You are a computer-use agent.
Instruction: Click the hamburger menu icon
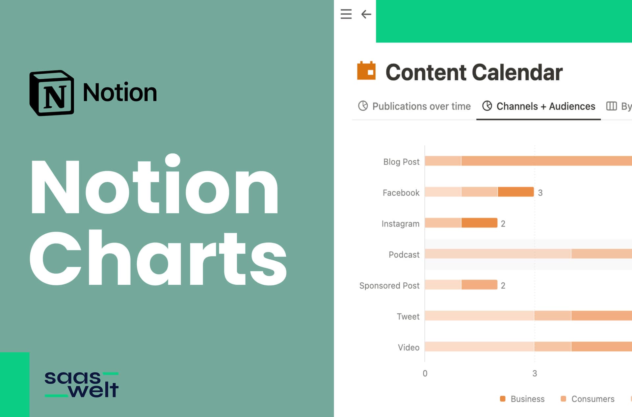(346, 14)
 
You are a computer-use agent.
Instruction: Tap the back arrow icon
(366, 14)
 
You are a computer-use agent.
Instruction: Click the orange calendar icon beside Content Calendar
(366, 71)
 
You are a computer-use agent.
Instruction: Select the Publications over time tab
(414, 106)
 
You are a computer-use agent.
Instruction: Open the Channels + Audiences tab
(539, 106)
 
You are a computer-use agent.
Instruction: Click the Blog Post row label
(401, 162)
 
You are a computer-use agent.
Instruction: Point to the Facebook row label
(401, 193)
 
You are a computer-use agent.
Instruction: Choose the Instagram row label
(400, 223)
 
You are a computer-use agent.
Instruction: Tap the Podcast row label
(404, 254)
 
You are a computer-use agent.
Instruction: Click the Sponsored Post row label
(389, 285)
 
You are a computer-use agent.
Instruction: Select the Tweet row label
(408, 316)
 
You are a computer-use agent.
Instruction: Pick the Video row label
(408, 347)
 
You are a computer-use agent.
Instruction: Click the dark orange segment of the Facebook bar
(515, 192)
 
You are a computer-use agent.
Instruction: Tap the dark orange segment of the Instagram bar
(479, 223)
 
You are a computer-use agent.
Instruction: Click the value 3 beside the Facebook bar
(540, 193)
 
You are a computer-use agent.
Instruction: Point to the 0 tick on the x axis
(425, 373)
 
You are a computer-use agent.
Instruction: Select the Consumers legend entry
(587, 399)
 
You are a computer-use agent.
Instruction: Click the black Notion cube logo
(52, 93)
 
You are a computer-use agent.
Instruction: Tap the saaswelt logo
(82, 384)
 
